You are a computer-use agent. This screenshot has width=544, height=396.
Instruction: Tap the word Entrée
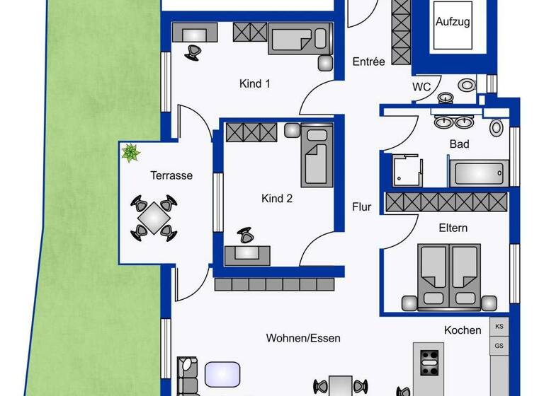pos(368,62)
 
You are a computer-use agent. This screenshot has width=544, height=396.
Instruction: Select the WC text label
pos(421,87)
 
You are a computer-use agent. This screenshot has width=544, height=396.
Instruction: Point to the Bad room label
pos(459,144)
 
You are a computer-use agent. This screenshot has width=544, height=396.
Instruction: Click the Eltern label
pos(453,228)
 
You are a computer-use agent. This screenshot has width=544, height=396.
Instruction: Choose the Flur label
pos(362,207)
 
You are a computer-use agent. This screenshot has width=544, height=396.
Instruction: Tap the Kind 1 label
pos(255,83)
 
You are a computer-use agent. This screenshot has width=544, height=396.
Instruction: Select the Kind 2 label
pos(277,199)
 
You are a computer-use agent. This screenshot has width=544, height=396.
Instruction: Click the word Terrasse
pos(171,175)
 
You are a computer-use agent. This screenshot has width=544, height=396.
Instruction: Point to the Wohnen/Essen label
pos(303,338)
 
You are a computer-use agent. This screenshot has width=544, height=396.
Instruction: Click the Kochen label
pos(463,330)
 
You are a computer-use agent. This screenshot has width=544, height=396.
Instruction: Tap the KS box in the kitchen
pos(499,327)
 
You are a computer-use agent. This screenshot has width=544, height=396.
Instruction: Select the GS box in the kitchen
pos(499,346)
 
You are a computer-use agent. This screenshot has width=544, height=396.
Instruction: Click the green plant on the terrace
pos(130,152)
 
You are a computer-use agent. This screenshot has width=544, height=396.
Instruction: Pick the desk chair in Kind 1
pos(193,51)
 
